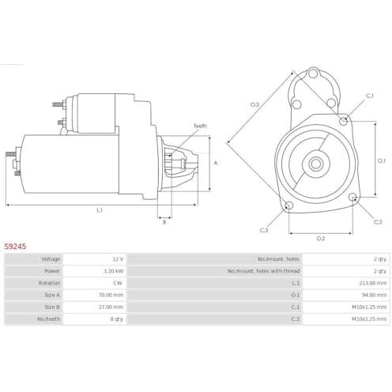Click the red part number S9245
15,247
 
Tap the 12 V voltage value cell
118,259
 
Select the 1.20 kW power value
114,271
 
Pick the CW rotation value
118,283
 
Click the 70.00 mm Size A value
111,295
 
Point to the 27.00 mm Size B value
111,307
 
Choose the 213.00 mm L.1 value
372,283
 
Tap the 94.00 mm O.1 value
374,295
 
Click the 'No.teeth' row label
48,319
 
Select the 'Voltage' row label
51,259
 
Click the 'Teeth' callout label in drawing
200,126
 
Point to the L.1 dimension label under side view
100,210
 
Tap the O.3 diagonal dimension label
254,104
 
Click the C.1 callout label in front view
370,96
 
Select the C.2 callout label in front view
378,222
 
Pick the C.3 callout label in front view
264,230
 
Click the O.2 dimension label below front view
321,239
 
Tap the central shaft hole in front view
316,164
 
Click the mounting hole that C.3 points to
289,205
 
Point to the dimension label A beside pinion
216,163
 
